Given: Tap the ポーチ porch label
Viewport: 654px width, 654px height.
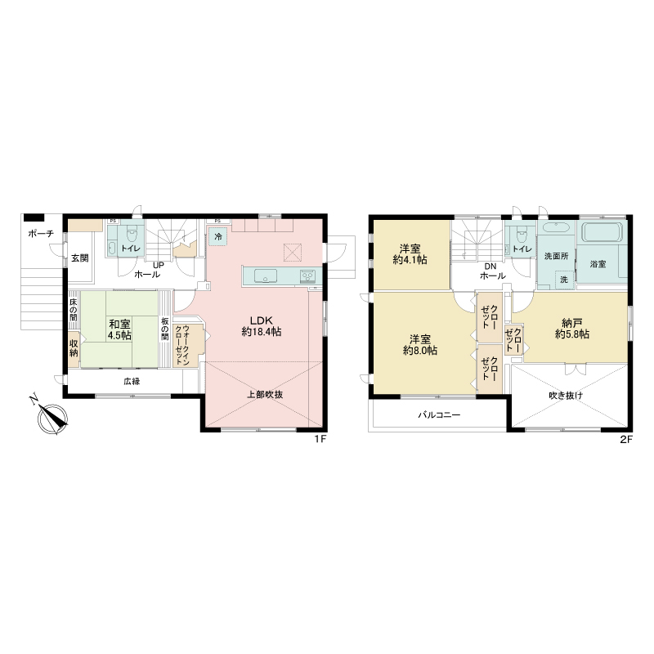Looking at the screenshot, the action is pyautogui.click(x=41, y=234).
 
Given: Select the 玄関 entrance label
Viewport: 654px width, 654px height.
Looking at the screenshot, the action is pyautogui.click(x=79, y=258).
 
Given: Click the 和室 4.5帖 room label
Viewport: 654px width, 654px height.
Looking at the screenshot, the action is pyautogui.click(x=119, y=329).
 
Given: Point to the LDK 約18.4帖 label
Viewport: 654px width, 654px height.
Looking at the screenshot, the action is pyautogui.click(x=262, y=326).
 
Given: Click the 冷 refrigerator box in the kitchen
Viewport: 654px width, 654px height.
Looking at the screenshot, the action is pyautogui.click(x=218, y=236).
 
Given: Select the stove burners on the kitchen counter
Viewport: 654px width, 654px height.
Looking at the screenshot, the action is pyautogui.click(x=308, y=276).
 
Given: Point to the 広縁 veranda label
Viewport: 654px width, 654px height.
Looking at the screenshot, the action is pyautogui.click(x=132, y=381).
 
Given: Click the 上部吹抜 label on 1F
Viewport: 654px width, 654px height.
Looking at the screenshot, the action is pyautogui.click(x=265, y=394).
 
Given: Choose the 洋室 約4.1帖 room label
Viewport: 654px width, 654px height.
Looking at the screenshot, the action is pyautogui.click(x=410, y=254).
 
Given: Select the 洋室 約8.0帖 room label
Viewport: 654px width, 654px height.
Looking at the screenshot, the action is pyautogui.click(x=420, y=345).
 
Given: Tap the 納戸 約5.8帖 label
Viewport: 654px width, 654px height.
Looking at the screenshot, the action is pyautogui.click(x=571, y=329).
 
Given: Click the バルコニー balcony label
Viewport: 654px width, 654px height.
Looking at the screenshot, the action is pyautogui.click(x=439, y=415).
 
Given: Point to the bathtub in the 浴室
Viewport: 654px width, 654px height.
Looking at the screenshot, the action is pyautogui.click(x=602, y=232).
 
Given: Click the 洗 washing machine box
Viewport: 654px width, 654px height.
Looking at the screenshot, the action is pyautogui.click(x=564, y=280).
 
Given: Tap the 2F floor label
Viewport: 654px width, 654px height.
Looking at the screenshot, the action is pyautogui.click(x=626, y=439).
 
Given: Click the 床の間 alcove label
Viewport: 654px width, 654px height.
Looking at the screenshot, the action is pyautogui.click(x=74, y=310).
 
